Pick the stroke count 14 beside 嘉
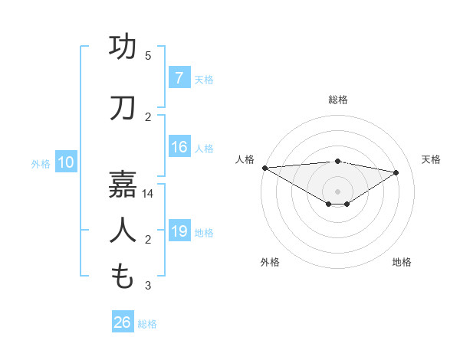[x=148, y=194]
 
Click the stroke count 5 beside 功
[x=148, y=56]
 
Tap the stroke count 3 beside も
[x=148, y=286]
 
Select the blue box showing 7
[x=179, y=77]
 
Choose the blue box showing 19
[x=179, y=231]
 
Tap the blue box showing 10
[x=65, y=162]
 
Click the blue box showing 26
[x=123, y=322]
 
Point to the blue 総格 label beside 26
[x=147, y=324]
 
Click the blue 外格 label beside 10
[x=41, y=163]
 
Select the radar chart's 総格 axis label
[x=337, y=100]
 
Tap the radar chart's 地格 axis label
[x=402, y=262]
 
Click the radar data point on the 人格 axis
[x=264, y=168]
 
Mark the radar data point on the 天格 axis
[x=396, y=172]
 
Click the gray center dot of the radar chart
[x=337, y=191]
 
